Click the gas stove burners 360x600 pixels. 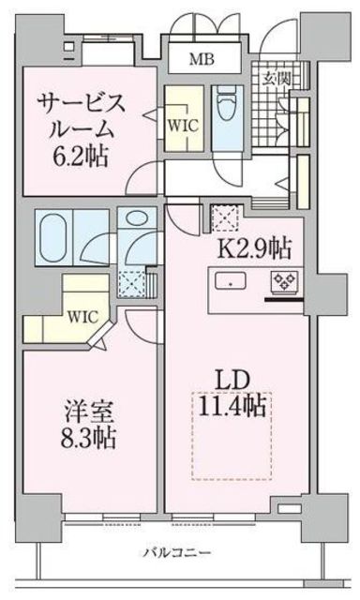[281, 279]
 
